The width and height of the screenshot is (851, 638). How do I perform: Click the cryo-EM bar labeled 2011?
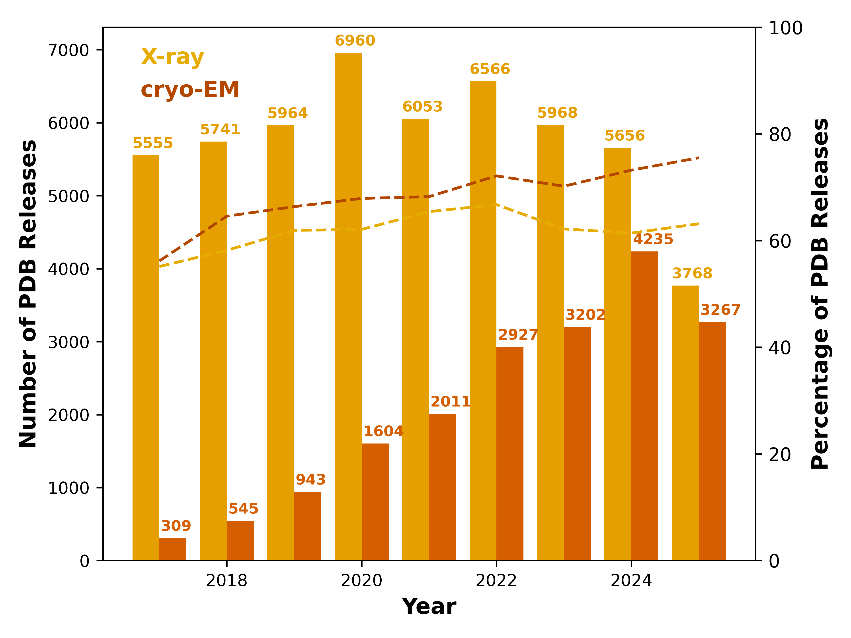tap(442, 487)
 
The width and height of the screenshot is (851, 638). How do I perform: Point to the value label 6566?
tap(490, 69)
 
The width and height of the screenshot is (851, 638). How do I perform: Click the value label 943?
tap(310, 480)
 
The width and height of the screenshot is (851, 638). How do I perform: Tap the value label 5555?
tap(153, 143)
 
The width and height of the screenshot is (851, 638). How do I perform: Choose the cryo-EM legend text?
tap(190, 89)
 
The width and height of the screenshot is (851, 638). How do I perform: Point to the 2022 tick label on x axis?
tap(496, 581)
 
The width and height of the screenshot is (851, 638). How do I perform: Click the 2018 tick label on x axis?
tap(226, 581)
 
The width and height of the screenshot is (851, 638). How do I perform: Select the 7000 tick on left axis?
tap(68, 50)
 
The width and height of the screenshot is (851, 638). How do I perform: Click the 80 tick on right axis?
tap(780, 134)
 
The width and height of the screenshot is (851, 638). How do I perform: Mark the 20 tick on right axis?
tap(780, 454)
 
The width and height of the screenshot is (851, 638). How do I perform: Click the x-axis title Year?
tap(429, 607)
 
